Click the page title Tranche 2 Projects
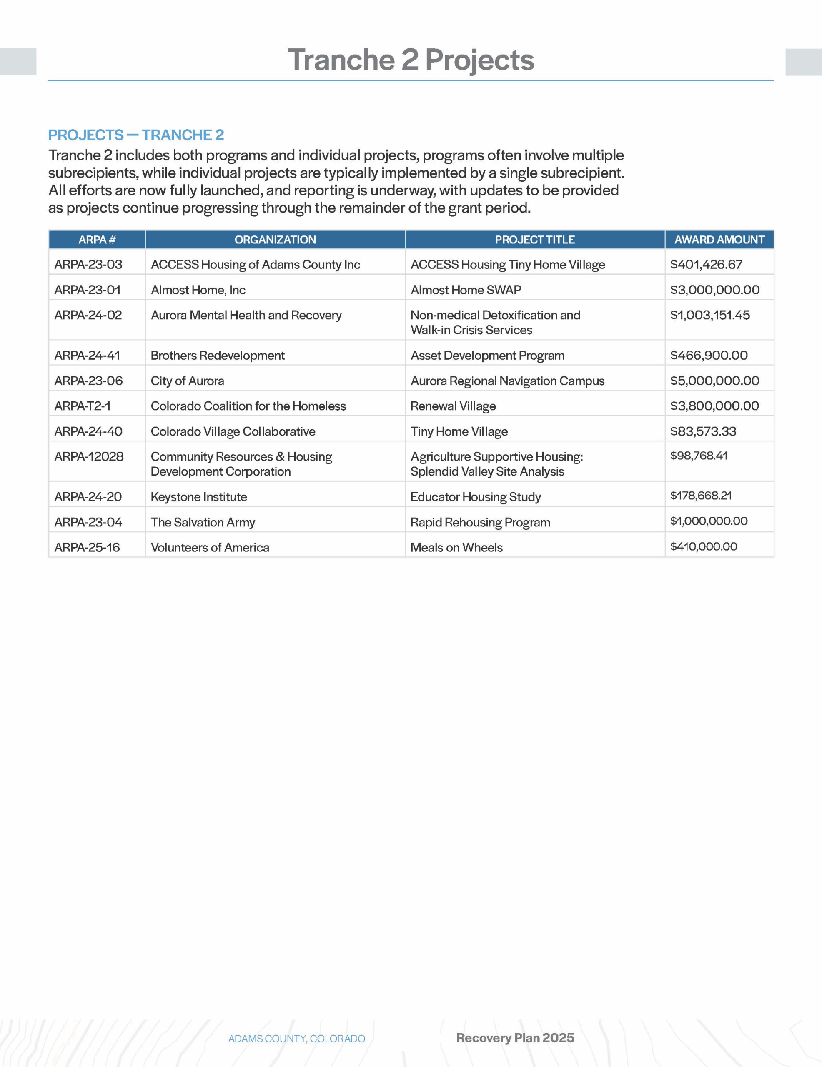[411, 60]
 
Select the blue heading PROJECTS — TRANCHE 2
[136, 135]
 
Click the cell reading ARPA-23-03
[88, 264]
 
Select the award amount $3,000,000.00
[714, 290]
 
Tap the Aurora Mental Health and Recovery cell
[246, 315]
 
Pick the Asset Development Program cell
[487, 355]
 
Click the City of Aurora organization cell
[187, 381]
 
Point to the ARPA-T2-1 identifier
[83, 406]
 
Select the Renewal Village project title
[453, 406]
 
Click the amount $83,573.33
[703, 431]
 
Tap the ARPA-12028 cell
[89, 456]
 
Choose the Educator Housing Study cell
[476, 497]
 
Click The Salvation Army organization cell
[203, 522]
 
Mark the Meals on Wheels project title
[456, 548]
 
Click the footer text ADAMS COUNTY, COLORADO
[297, 1038]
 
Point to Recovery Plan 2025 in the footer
[515, 1038]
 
